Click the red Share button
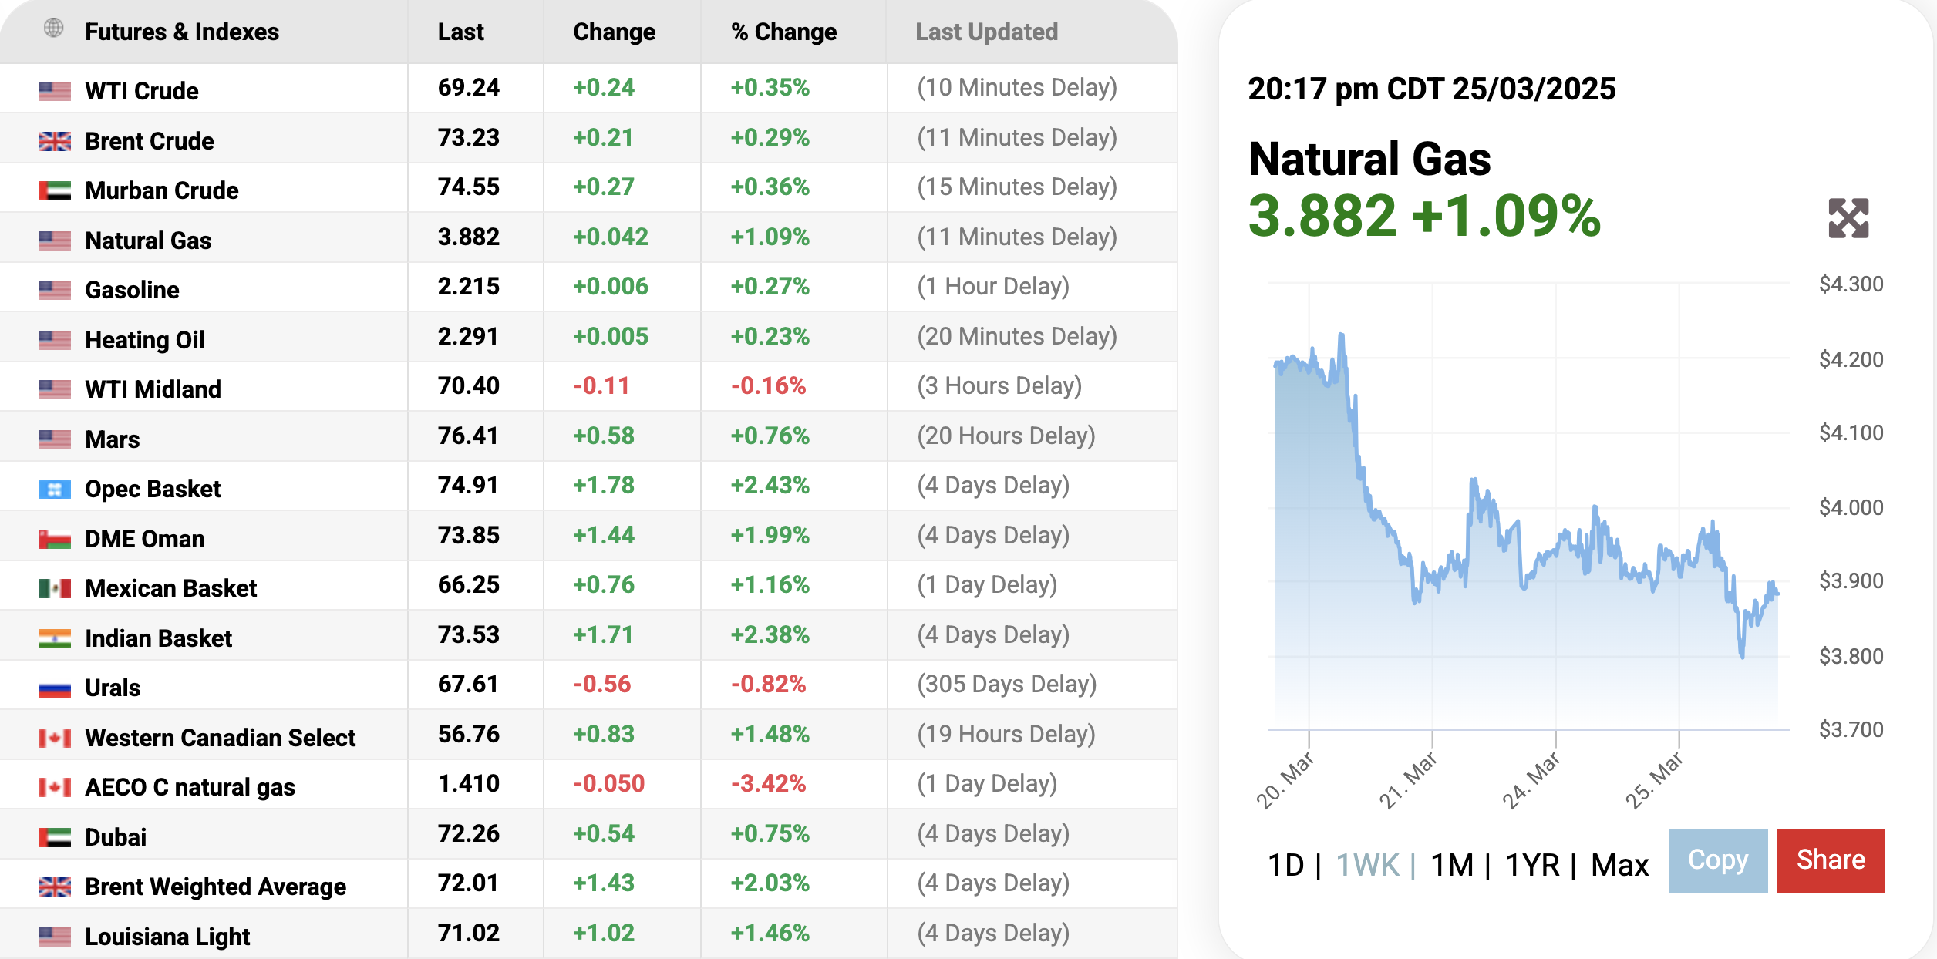click(x=1831, y=860)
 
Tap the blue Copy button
click(x=1717, y=860)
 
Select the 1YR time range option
click(x=1532, y=865)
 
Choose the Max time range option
click(x=1619, y=865)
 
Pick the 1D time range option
click(x=1285, y=865)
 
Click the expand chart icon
click(x=1848, y=218)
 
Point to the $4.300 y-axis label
click(x=1851, y=284)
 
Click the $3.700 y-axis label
click(x=1851, y=729)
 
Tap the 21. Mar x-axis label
click(x=1408, y=779)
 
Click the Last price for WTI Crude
click(x=468, y=88)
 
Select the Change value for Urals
click(x=601, y=685)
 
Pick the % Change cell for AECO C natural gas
click(x=768, y=784)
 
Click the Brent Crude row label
click(x=150, y=141)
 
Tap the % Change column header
click(x=783, y=32)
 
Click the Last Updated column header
click(x=986, y=32)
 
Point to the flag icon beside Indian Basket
click(x=55, y=638)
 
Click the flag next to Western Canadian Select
click(x=55, y=738)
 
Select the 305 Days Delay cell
click(x=1006, y=685)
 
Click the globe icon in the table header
click(x=54, y=29)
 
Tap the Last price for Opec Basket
click(x=468, y=486)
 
